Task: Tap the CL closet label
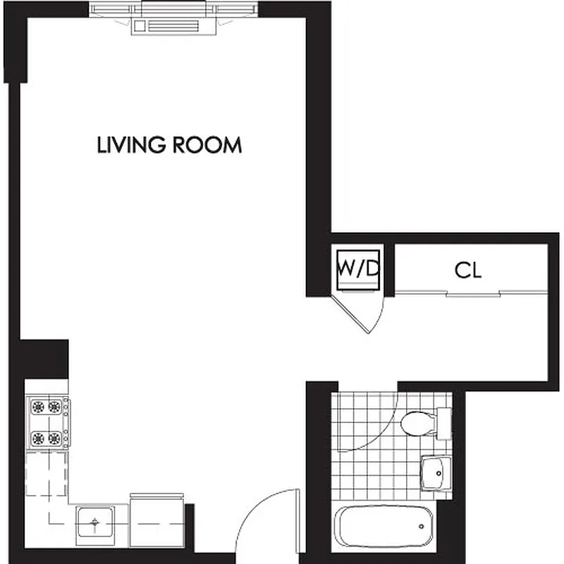click(468, 271)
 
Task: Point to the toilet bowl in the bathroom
click(415, 423)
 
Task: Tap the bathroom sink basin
click(435, 471)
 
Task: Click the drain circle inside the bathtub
click(421, 526)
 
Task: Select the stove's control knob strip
click(67, 422)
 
